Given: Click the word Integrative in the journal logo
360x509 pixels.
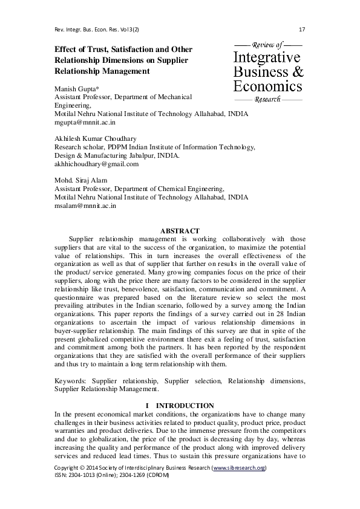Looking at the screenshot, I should (267, 58).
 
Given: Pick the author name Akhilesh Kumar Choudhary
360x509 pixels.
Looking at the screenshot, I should (93, 138).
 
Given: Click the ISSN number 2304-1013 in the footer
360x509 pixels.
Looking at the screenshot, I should (85, 476).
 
